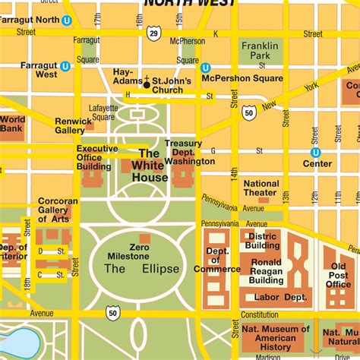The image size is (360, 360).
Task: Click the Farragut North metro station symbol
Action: point(67,21)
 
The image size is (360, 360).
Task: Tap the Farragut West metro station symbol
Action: point(65,66)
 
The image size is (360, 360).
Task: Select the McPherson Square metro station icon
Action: point(205,68)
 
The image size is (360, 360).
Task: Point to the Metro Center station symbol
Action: point(316,152)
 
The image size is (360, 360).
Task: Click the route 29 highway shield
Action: point(153,33)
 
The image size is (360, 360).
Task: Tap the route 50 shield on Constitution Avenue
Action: point(113,311)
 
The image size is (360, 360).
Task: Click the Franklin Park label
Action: point(260,51)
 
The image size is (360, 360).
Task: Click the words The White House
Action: point(150,166)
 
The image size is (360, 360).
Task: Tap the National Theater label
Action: point(261,188)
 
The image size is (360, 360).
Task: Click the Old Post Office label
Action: point(339,275)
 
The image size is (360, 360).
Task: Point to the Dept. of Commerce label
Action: point(217,260)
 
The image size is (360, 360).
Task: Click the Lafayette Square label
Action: point(103,112)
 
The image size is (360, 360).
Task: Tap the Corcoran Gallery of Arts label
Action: point(58,210)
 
